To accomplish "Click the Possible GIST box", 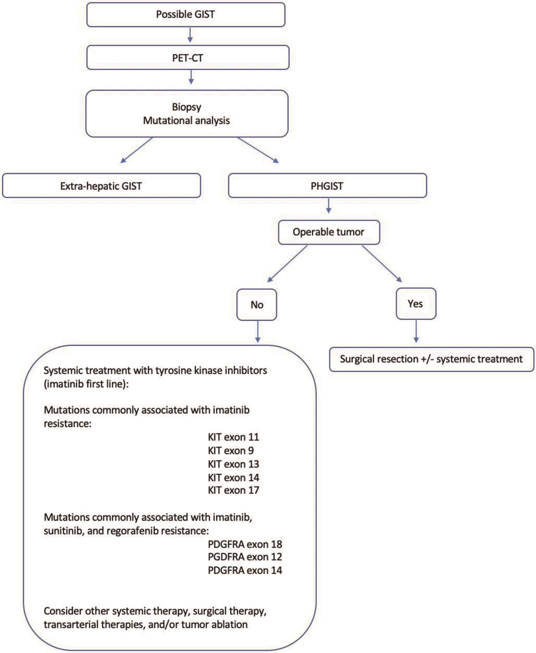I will click(x=185, y=15).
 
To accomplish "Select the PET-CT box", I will click(x=188, y=58).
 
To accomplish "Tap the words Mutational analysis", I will click(x=186, y=120).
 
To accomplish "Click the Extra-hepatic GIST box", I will click(x=101, y=186).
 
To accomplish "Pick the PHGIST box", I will click(x=327, y=186).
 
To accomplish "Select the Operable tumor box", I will click(x=328, y=232).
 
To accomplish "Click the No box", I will click(x=257, y=305).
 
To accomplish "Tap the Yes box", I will click(x=415, y=304).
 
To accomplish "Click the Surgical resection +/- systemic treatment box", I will click(x=431, y=359).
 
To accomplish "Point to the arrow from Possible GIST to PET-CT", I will click(x=190, y=35).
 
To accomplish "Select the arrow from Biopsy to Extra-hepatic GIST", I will click(x=137, y=150).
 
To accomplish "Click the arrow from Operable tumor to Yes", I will click(x=382, y=264).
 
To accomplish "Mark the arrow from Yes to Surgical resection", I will click(x=416, y=331).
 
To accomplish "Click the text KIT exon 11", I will click(x=234, y=437).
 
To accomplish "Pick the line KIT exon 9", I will click(x=230, y=450).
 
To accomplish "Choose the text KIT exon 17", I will click(x=234, y=490).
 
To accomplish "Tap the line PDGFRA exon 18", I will click(x=245, y=544).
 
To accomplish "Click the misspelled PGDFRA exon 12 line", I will click(x=245, y=557).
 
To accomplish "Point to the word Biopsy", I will click(x=186, y=107).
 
